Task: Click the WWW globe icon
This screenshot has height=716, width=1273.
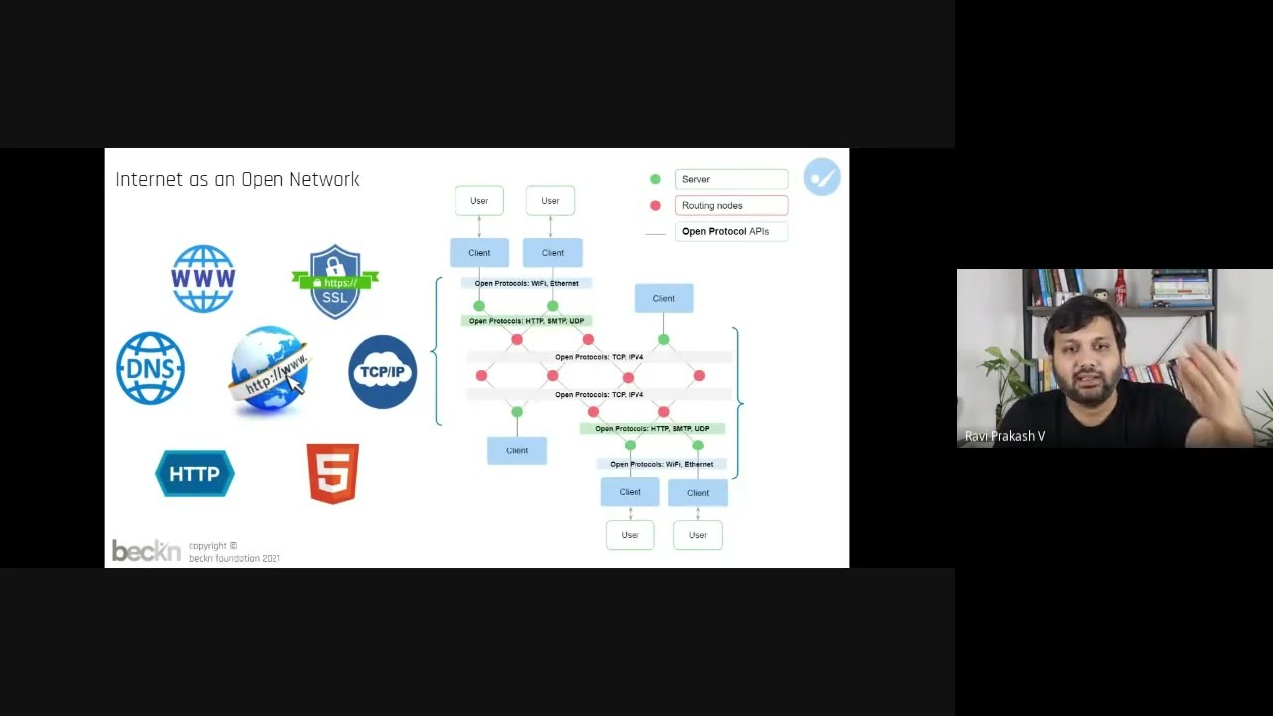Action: click(203, 278)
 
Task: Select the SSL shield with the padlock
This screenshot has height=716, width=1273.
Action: click(335, 281)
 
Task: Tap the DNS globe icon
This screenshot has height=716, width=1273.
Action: click(150, 369)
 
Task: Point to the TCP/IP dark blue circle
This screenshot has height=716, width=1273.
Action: click(383, 372)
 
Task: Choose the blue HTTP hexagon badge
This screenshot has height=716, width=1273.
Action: click(195, 474)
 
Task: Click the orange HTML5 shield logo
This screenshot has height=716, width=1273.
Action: click(333, 473)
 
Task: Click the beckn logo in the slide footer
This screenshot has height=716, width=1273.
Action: click(146, 551)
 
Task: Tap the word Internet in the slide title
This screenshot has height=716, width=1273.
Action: click(149, 180)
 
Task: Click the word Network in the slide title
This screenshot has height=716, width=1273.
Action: click(324, 180)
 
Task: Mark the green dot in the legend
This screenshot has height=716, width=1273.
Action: click(655, 179)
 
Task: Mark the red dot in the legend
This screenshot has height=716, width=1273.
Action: click(655, 206)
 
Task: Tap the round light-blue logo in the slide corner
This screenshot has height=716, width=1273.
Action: click(822, 177)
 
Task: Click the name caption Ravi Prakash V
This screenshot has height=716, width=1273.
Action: click(1004, 436)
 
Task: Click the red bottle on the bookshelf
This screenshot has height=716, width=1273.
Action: click(1121, 289)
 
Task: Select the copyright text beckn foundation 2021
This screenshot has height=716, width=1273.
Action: click(235, 558)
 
